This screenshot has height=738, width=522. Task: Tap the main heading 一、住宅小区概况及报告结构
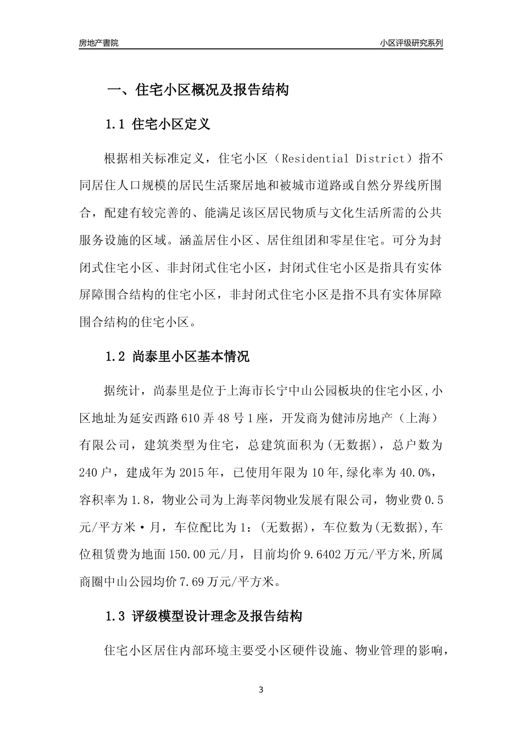pyautogui.click(x=197, y=90)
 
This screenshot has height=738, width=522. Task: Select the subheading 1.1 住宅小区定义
pyautogui.click(x=157, y=125)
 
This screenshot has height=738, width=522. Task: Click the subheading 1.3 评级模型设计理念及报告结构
pyautogui.click(x=203, y=617)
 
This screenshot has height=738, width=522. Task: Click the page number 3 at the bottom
pyautogui.click(x=261, y=690)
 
